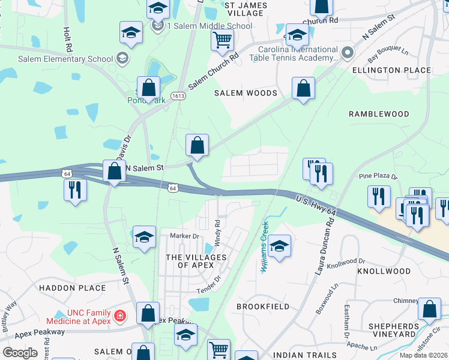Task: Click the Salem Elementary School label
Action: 66,59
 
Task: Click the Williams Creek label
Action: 264,246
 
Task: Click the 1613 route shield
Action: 178,95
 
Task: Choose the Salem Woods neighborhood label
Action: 246,93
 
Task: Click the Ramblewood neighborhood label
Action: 379,113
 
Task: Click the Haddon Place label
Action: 72,288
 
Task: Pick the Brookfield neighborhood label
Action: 263,307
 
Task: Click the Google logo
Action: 20,353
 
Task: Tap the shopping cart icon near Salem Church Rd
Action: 222,40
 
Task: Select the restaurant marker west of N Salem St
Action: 76,190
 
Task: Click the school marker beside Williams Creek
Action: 279,245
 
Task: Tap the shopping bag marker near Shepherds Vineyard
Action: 429,309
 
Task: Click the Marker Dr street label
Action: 184,236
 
